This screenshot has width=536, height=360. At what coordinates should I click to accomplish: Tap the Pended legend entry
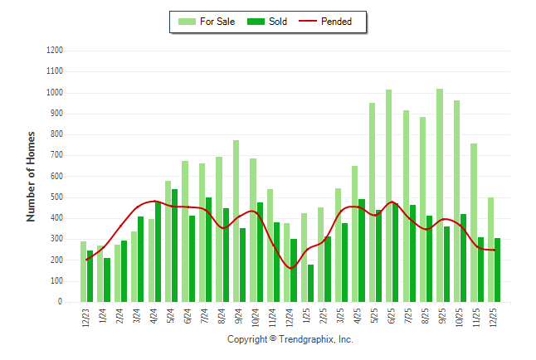pos(332,22)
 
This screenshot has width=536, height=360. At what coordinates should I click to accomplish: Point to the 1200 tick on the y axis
pos(55,50)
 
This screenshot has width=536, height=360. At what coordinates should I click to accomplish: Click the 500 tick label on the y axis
pos(57,197)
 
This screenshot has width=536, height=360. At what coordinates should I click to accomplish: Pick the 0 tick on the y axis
pos(61,302)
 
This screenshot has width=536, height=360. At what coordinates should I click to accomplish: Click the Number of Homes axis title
pos(32,176)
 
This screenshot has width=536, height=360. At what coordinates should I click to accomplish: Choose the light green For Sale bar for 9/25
pos(440,195)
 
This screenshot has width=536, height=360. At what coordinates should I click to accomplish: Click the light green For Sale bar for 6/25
pos(388,196)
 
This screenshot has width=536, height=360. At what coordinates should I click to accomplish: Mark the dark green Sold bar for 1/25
pos(311,283)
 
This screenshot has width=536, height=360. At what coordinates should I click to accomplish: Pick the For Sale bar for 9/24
pos(236,221)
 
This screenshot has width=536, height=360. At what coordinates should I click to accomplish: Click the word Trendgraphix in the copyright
pos(306,339)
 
